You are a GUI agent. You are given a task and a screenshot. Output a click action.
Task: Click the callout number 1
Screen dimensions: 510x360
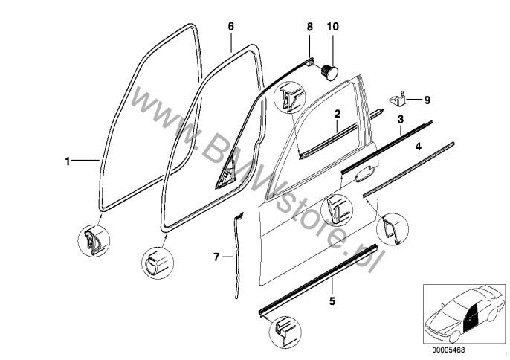[x=68, y=161]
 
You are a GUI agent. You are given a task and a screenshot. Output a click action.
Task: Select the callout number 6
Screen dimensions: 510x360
[x=230, y=26]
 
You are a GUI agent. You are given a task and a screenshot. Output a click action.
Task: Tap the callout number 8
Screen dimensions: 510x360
[x=309, y=27]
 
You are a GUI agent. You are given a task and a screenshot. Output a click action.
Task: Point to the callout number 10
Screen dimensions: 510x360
[x=333, y=27]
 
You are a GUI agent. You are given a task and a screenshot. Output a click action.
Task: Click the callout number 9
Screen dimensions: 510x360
[x=427, y=100]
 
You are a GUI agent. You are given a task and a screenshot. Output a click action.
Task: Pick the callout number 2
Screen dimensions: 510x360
[x=338, y=114]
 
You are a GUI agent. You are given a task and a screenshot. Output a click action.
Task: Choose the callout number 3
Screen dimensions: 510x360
[x=401, y=119]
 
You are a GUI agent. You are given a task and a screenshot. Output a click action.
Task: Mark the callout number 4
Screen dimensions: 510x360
[x=419, y=147]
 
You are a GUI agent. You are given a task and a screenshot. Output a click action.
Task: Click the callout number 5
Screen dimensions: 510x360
[x=332, y=301]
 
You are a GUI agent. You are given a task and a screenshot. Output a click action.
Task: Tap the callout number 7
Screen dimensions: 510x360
[x=216, y=257]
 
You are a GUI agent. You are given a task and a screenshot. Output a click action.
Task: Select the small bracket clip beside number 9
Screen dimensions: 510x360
[x=398, y=99]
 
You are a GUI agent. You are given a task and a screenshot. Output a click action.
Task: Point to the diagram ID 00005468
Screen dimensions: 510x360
[x=448, y=350]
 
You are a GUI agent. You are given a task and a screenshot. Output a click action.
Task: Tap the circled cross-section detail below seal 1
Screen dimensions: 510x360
[x=94, y=240]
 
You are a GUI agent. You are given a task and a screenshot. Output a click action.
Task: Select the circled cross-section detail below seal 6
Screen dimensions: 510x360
[x=158, y=263]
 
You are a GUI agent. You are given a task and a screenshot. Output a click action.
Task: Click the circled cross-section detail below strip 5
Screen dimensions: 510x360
[x=285, y=332]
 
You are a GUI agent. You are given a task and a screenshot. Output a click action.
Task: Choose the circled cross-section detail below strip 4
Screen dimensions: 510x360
[x=393, y=230]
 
